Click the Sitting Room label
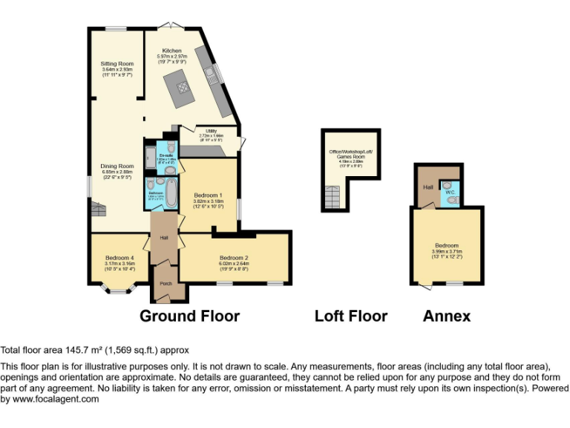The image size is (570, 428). point(117,64)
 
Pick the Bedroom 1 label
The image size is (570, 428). point(208,195)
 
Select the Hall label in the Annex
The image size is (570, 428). point(427,187)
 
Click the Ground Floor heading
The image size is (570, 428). point(190,316)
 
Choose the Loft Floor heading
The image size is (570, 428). point(351,316)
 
